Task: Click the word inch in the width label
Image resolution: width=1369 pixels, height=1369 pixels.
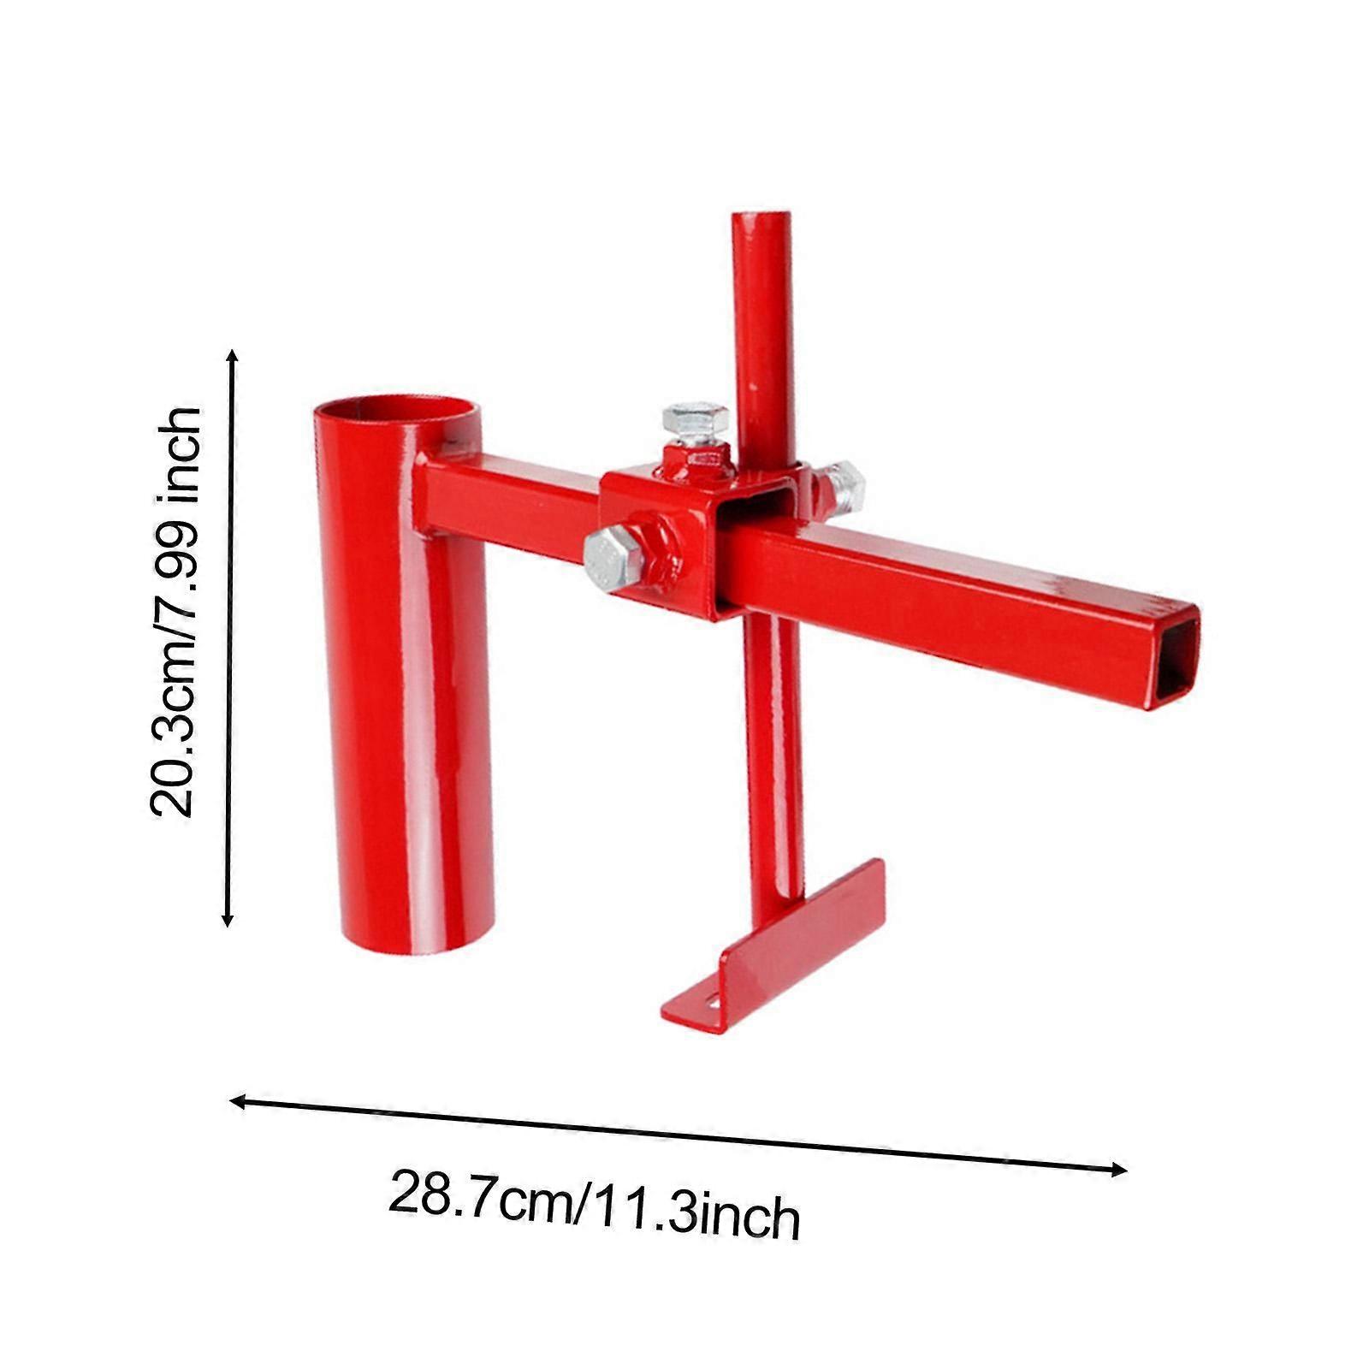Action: tap(749, 1218)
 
